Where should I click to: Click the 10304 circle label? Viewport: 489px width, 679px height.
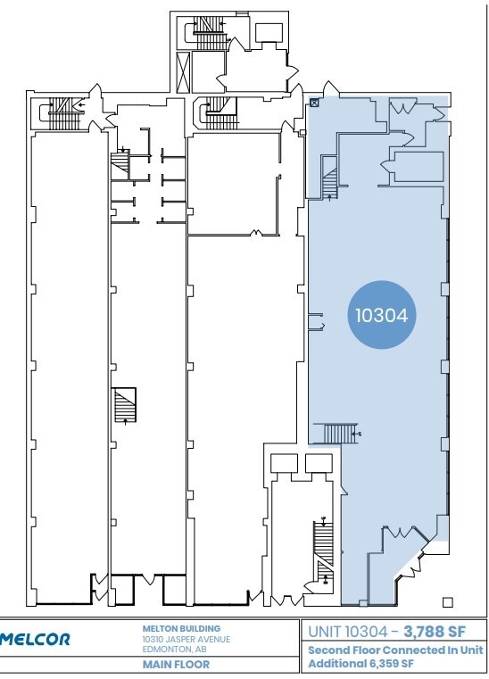point(382,315)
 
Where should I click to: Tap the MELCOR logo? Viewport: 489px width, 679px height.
point(35,639)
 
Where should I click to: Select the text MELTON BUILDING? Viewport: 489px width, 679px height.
point(181,628)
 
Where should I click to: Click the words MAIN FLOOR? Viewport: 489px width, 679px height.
point(177,664)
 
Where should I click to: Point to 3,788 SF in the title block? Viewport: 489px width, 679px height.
point(435,632)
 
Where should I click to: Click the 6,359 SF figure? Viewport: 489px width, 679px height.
point(392,663)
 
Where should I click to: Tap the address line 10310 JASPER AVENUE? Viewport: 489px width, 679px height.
point(186,639)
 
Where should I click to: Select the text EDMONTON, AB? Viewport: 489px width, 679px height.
point(175,650)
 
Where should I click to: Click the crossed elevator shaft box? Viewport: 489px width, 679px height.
point(183,72)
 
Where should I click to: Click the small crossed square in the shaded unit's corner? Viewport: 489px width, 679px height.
point(315,103)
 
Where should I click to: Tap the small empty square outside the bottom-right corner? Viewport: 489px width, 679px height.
point(448,602)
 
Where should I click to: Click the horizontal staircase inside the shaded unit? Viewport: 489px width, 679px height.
point(341,434)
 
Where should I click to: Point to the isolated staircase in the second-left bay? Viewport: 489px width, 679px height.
point(125,405)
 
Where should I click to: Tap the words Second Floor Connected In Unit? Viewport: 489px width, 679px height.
point(395,650)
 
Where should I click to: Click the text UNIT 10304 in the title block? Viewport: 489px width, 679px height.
point(348,632)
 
